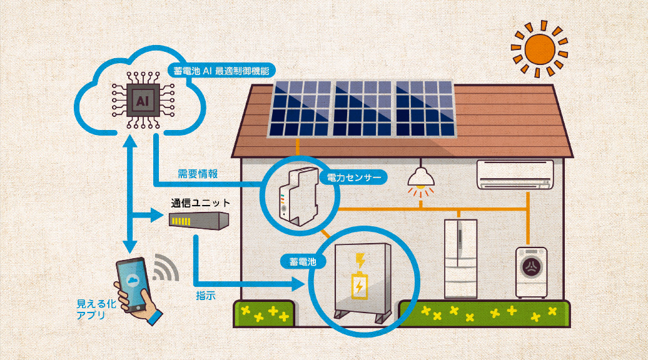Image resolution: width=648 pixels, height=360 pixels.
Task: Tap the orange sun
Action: coord(539,48)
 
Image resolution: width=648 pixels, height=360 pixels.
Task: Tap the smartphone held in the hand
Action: coord(133,281)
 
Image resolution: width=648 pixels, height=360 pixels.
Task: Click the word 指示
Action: coord(205,296)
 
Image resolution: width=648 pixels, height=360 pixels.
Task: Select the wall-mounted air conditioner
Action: coord(515,174)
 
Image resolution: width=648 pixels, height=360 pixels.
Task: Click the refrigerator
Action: coord(460,257)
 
